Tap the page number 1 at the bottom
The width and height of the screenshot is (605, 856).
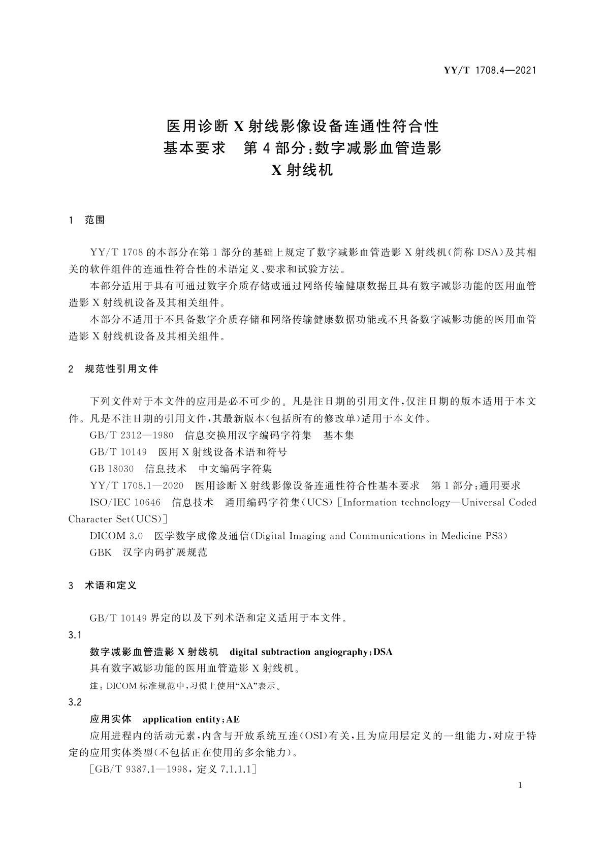click(520, 785)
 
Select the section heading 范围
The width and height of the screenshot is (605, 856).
click(95, 220)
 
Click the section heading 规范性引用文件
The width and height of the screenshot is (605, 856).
click(121, 369)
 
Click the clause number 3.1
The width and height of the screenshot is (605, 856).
click(75, 635)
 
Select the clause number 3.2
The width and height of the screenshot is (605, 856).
click(75, 702)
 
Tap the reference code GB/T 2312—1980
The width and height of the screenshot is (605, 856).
click(131, 436)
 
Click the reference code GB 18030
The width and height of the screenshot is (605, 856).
click(112, 469)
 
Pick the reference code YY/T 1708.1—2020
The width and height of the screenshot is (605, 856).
click(136, 485)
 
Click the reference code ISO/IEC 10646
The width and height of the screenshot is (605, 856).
click(125, 503)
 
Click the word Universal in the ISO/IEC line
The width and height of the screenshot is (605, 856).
click(483, 503)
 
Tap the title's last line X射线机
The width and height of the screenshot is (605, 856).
click(302, 170)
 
